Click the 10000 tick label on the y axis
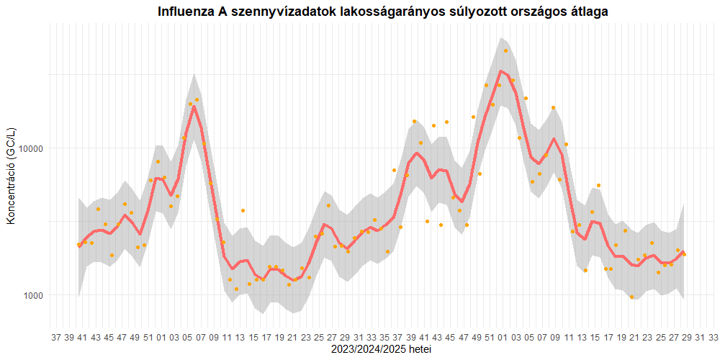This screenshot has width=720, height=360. (x=31, y=148)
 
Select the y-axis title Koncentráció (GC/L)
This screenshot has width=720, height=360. (x=11, y=176)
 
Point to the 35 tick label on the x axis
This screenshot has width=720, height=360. (x=385, y=337)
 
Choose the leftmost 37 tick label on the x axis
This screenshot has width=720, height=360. (x=55, y=337)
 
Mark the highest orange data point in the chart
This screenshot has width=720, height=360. (x=505, y=51)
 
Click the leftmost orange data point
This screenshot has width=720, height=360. (x=78, y=246)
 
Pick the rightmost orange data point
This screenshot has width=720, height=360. (x=684, y=254)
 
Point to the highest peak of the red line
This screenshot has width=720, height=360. (x=500, y=71)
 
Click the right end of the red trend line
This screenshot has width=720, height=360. (x=684, y=251)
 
